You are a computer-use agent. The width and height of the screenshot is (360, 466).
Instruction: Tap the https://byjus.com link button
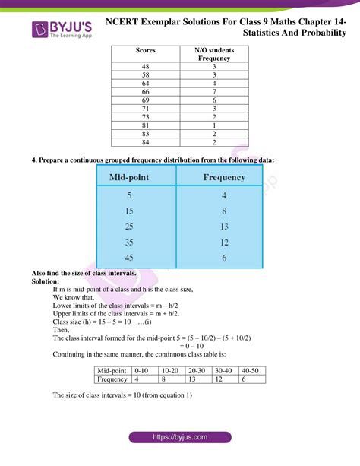(180, 436)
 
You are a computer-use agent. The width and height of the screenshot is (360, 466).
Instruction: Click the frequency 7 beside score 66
(214, 91)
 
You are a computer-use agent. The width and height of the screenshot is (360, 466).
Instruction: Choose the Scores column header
(145, 50)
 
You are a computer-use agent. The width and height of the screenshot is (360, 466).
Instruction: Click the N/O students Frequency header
(214, 54)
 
